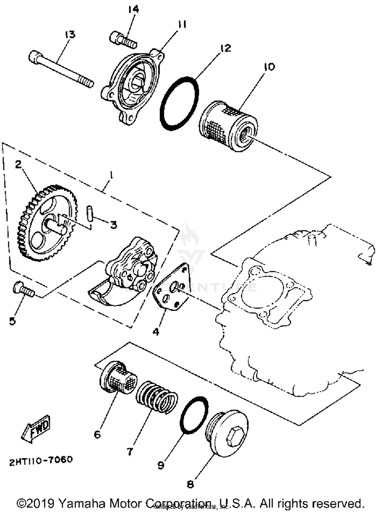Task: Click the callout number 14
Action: tap(133, 9)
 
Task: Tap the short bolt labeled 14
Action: tap(124, 40)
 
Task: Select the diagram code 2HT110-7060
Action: tap(41, 460)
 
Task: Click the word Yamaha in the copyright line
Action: tap(83, 503)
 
